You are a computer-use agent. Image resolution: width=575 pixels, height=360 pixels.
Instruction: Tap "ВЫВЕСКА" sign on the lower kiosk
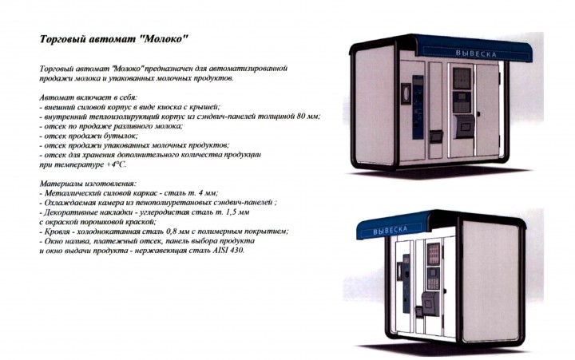397,230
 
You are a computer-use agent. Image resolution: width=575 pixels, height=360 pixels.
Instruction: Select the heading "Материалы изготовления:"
89,184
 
